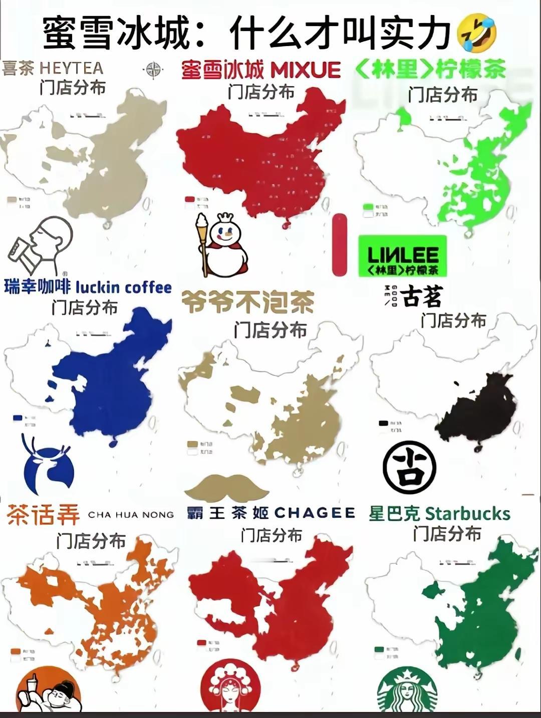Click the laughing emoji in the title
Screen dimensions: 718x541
[x=477, y=32]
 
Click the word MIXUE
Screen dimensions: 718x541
[x=305, y=71]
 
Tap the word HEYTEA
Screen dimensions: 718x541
[x=71, y=68]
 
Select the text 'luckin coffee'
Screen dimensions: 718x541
[x=124, y=287]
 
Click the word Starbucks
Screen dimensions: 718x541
[x=467, y=514]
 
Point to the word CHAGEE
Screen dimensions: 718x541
[x=315, y=513]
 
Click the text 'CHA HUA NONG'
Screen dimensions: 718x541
[x=131, y=515]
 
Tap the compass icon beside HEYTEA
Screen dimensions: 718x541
[x=153, y=70]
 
